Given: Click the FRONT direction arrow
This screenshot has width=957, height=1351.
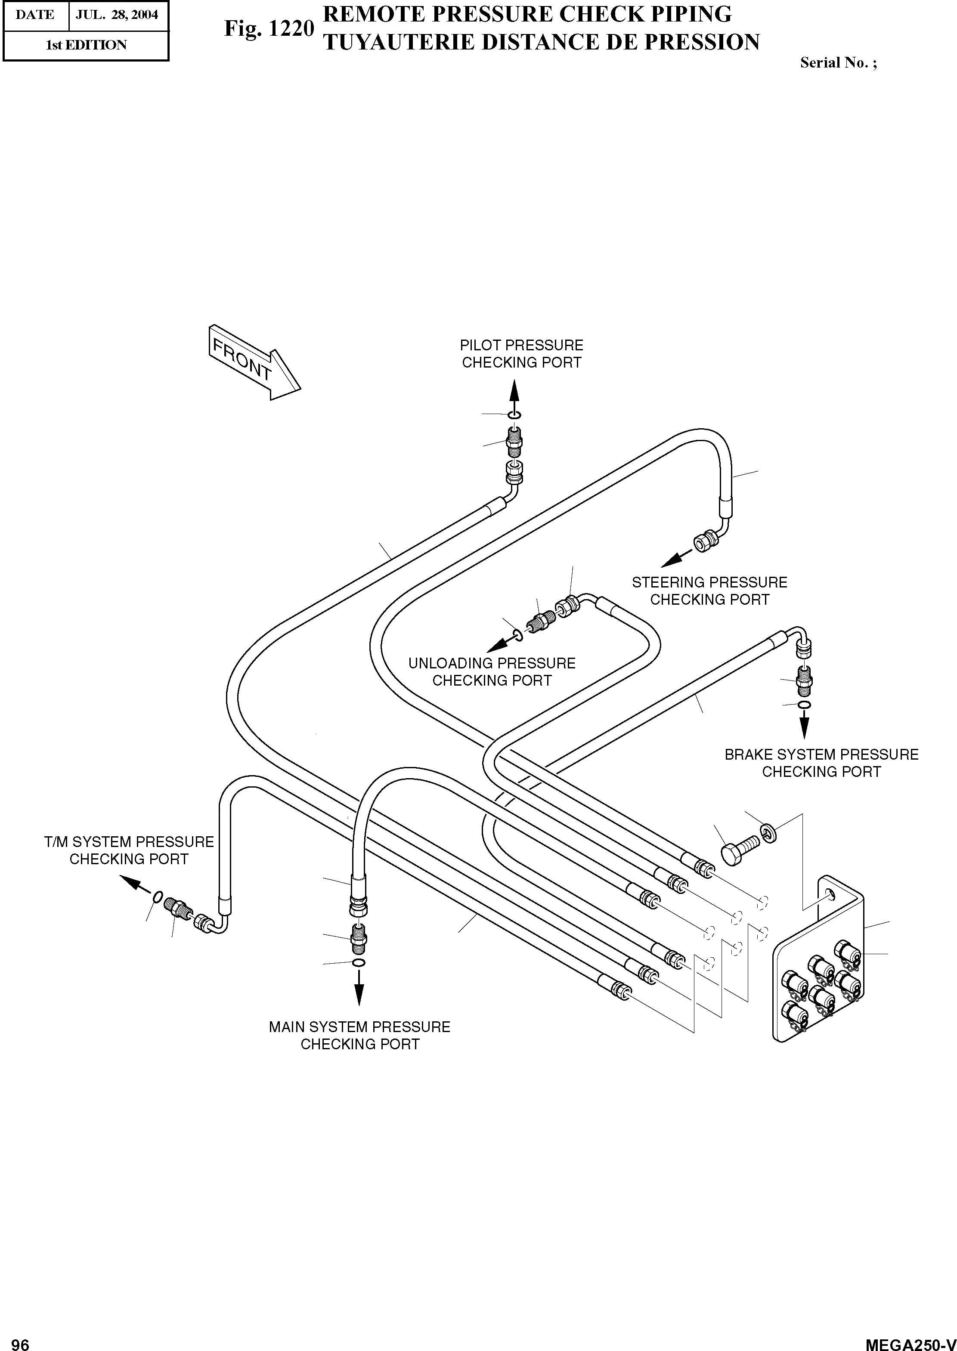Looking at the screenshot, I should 254,362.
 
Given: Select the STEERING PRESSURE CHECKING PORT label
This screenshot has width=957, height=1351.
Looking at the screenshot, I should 709,591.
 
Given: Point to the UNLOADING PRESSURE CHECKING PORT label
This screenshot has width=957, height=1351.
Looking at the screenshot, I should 492,672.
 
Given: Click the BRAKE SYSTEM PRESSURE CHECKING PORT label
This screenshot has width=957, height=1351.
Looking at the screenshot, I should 821,763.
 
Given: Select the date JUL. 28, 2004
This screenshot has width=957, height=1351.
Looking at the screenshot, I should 117,15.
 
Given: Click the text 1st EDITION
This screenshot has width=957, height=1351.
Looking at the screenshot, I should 86,45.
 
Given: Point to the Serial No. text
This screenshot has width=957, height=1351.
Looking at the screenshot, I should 838,63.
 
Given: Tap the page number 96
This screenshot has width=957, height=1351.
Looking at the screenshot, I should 20,1340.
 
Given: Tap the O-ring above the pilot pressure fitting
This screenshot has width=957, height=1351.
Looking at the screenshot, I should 514,417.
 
